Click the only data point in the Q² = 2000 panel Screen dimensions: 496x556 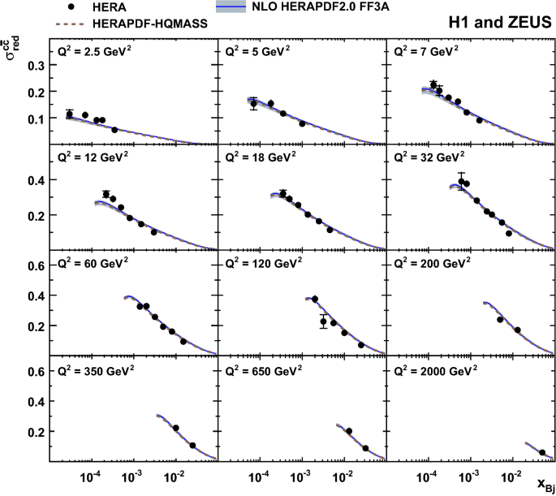[542, 452]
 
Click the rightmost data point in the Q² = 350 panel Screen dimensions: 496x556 [192, 445]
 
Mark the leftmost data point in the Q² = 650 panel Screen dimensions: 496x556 [349, 431]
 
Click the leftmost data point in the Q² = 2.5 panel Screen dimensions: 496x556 [69, 114]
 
